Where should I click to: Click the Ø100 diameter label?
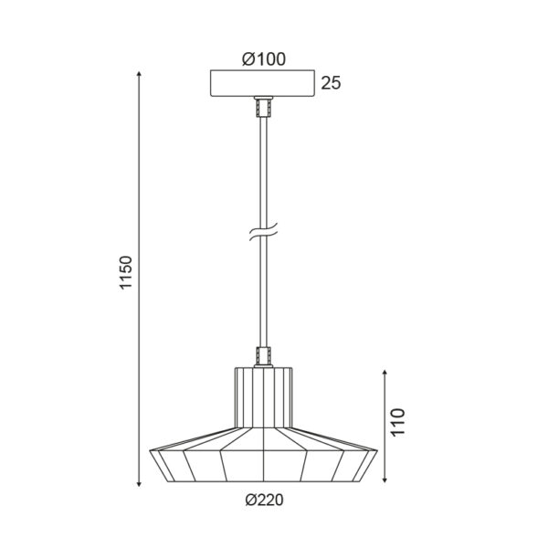(264, 59)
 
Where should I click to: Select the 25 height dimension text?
(331, 84)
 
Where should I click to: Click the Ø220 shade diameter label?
(264, 499)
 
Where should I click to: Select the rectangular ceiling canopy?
(263, 83)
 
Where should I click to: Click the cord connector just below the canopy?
(263, 107)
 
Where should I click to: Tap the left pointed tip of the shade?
(149, 451)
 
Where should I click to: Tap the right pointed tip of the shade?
(377, 451)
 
